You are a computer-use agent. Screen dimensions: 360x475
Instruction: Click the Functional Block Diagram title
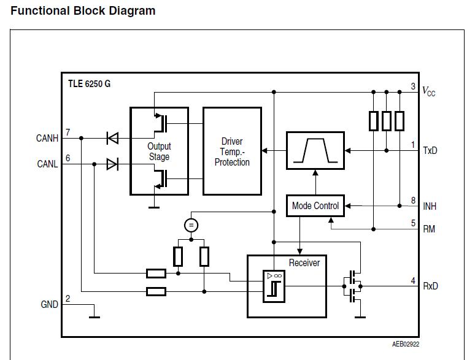pos(83,11)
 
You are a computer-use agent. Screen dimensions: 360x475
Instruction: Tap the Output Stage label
pos(159,151)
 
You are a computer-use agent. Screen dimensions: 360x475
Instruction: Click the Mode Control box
pos(315,206)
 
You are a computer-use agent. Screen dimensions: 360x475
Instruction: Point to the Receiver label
pos(304,262)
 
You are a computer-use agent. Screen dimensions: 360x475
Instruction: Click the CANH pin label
pos(47,139)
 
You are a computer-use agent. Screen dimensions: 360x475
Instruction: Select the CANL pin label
pos(47,164)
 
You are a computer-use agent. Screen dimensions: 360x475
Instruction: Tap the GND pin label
pos(49,305)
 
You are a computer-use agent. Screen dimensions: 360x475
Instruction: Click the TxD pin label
pos(430,151)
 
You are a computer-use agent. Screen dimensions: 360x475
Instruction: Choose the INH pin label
pos(430,207)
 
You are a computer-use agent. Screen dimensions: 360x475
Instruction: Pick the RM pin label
pos(430,229)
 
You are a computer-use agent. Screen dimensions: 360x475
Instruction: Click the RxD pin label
pos(430,286)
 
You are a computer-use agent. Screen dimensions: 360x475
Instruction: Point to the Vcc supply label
pos(429,92)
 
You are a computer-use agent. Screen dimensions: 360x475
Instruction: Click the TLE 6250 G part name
pos(90,84)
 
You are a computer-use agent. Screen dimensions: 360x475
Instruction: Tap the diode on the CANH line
pos(112,139)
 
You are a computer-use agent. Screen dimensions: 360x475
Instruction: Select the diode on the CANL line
pos(112,164)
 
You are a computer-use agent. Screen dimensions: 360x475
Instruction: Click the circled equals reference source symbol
pos(191,225)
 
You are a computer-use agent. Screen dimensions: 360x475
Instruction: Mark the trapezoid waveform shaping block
pos(315,151)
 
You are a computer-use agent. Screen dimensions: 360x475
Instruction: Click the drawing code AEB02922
pos(406,344)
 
